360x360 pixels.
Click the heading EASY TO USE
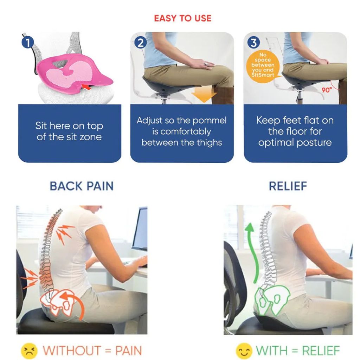[x=182, y=18]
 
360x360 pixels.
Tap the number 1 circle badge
[x=28, y=43]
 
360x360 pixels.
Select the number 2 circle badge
[x=140, y=43]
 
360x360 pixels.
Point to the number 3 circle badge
[x=253, y=43]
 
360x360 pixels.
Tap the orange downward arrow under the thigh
[x=204, y=94]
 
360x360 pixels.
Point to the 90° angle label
[x=327, y=90]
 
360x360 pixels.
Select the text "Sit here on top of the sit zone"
[x=69, y=131]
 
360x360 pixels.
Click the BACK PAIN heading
[x=82, y=186]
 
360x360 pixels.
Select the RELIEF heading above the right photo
[x=288, y=186]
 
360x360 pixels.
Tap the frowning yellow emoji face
[x=29, y=351]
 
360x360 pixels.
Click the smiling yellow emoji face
[x=244, y=351]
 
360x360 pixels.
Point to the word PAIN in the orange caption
[x=129, y=351]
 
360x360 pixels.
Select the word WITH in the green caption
[x=272, y=351]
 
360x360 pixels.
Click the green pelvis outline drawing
[x=271, y=300]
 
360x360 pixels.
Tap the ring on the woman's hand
[x=206, y=64]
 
